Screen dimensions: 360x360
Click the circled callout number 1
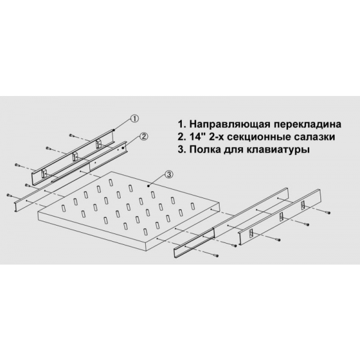pos(134,118)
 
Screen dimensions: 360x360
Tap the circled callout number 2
pos(144,137)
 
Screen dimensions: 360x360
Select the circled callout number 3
pos(168,175)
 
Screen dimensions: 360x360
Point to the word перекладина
pos(308,125)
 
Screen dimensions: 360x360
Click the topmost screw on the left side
pos(71,136)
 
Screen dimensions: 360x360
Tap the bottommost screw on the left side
pos(10,195)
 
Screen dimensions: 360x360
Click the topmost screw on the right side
pos(328,212)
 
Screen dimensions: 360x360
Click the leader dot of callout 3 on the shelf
pos(149,185)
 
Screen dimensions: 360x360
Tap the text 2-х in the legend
pos(218,137)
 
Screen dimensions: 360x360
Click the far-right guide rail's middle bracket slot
pos(281,217)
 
